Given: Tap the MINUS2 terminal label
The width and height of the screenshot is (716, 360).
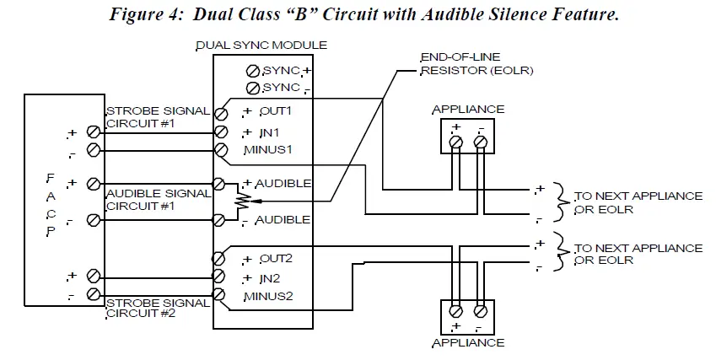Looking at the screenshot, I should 267,296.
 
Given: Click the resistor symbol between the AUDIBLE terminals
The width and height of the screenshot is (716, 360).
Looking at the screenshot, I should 243,201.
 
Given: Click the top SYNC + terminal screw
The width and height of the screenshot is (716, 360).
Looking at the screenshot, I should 251,71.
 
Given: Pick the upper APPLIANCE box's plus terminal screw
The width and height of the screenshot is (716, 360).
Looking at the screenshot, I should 455,143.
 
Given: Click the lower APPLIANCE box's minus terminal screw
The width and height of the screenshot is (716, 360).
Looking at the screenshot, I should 481,309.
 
